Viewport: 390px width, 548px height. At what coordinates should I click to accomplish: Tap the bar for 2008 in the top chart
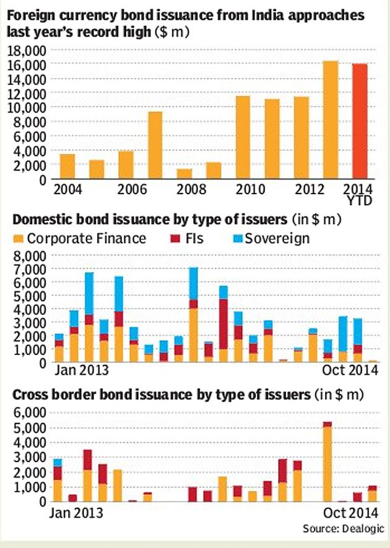tap(184, 174)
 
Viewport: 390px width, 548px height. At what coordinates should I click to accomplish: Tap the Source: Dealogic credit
tap(343, 528)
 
